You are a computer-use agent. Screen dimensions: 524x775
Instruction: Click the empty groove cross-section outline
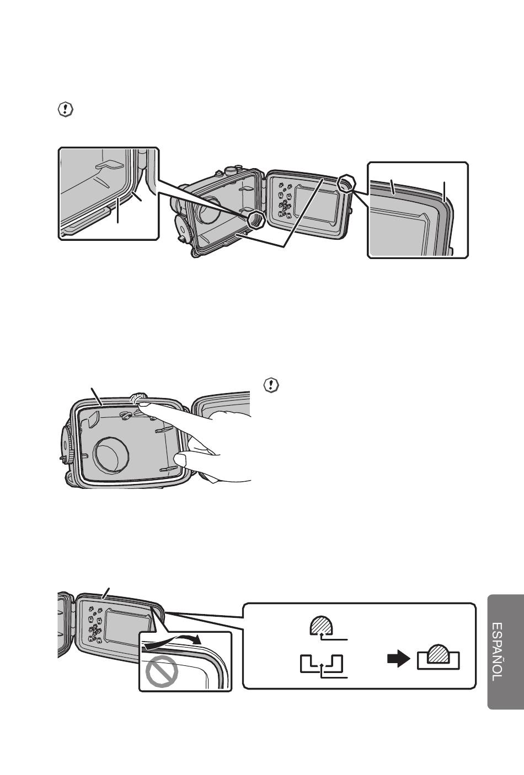click(x=322, y=663)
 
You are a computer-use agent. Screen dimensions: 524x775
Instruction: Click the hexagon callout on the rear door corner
click(x=346, y=183)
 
